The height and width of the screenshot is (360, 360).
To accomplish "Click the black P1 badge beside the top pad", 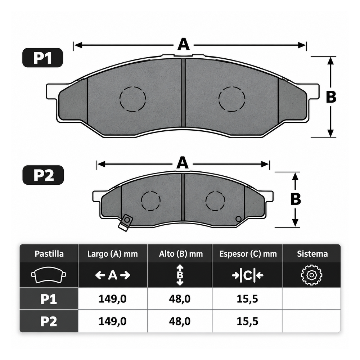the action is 42,58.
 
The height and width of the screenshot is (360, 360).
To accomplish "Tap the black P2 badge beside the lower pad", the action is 43,175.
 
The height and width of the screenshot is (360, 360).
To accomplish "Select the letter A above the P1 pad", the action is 184,44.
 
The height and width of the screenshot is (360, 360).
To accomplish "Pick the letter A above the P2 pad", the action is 183,163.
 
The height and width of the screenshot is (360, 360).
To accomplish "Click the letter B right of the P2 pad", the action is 296,199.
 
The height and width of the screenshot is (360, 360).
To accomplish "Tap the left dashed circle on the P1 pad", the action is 133,99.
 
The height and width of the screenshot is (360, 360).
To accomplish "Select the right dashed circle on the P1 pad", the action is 232,99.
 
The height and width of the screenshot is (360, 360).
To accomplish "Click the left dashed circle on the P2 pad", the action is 150,201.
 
